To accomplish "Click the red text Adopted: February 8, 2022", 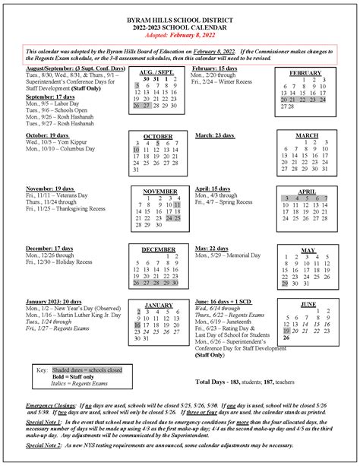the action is [x=179, y=34].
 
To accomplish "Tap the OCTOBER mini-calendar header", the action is [x=158, y=137].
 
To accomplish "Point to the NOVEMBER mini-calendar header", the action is [x=159, y=192].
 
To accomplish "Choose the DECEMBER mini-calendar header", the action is [x=158, y=250].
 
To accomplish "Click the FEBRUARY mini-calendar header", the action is [x=305, y=73].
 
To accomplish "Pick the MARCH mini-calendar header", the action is [x=308, y=137].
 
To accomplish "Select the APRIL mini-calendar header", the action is [x=307, y=192].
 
